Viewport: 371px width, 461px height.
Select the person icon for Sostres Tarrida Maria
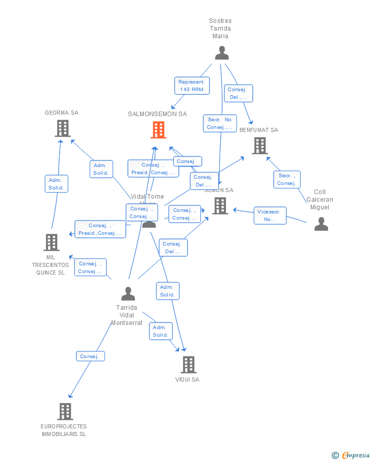click(x=222, y=53)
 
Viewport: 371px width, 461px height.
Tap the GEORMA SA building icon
click(x=63, y=128)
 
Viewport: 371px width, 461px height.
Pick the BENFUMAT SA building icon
click(x=259, y=146)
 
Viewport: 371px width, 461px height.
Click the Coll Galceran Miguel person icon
click(x=321, y=224)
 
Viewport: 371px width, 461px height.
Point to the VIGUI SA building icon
click(x=189, y=365)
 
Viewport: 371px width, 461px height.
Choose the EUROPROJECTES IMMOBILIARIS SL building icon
click(x=65, y=412)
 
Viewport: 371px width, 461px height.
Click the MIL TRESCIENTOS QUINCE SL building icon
click(x=51, y=242)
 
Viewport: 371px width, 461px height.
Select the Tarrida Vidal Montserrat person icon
click(x=128, y=294)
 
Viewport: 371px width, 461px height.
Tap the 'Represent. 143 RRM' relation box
click(x=192, y=86)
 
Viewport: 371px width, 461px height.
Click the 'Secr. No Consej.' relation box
click(x=220, y=123)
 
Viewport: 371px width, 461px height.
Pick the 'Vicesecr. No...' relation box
click(x=270, y=215)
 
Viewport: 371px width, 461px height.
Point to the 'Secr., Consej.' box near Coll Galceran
click(x=286, y=179)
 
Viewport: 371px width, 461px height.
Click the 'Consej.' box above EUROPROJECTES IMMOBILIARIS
click(x=91, y=357)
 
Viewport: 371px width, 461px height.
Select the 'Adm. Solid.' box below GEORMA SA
click(x=56, y=184)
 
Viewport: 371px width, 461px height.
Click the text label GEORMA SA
click(x=62, y=113)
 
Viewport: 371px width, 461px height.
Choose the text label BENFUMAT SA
click(x=259, y=130)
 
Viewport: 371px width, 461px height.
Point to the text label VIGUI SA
click(x=187, y=379)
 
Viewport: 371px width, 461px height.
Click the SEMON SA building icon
click(x=220, y=206)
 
